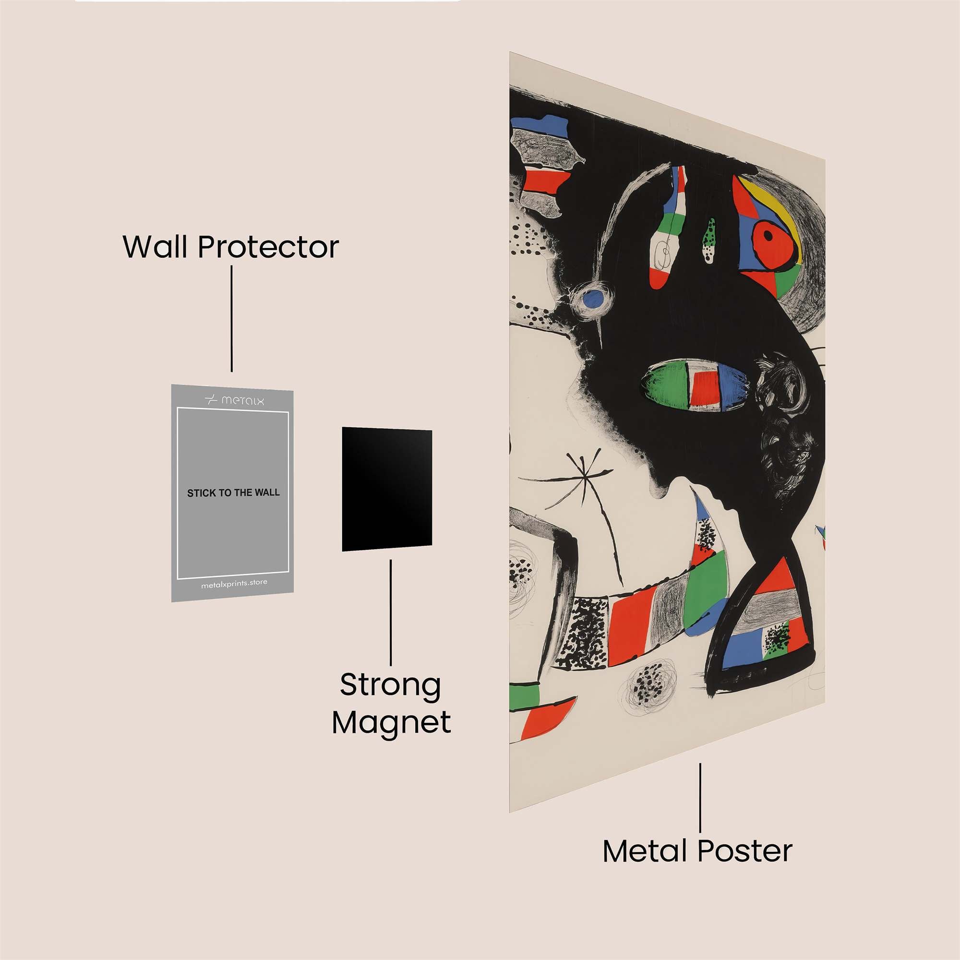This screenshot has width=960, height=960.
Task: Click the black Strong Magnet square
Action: point(386,489)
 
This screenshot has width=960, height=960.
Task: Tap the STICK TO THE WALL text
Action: point(233,493)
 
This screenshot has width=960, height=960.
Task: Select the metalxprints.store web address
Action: point(234,584)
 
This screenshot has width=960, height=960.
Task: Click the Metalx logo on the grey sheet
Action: point(235,400)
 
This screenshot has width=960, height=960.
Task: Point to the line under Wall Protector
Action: point(231,319)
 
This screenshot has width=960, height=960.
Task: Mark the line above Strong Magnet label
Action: point(391,612)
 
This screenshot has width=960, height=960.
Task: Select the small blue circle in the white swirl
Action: point(592,299)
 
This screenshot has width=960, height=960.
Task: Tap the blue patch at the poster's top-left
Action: point(539,124)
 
